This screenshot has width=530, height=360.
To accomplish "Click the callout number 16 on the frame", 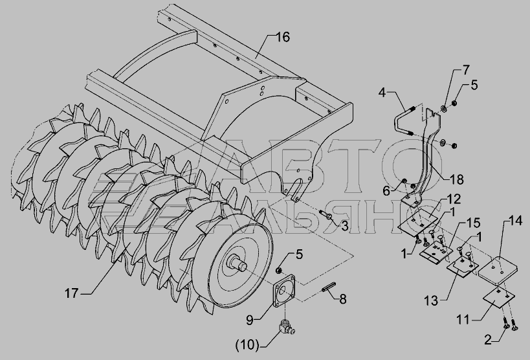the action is tap(283, 37).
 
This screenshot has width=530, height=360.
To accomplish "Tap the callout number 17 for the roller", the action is tap(71, 293).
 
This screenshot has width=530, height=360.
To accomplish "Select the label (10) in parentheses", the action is tap(247, 346).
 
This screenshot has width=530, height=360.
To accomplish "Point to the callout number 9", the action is tap(249, 320).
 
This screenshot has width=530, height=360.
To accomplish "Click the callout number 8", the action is tap(343, 299).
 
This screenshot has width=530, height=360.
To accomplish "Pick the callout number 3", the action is tap(344, 226).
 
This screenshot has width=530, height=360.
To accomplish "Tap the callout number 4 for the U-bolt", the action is tap(382, 92).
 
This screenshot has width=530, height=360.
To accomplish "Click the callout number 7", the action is tap(466, 70).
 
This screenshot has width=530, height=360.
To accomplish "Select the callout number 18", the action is tap(457, 179).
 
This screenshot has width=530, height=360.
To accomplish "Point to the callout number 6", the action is tap(386, 191).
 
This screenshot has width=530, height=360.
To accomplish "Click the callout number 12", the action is tap(454, 199).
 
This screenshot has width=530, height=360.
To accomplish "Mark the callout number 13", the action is tap(431, 300).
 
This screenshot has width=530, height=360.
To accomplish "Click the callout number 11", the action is tap(463, 319).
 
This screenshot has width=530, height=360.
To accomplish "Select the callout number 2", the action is tap(488, 340).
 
